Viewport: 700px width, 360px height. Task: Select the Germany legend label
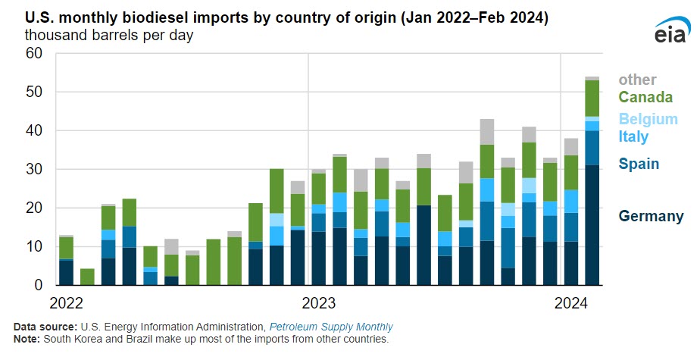click(x=651, y=216)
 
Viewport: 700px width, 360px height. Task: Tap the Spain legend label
click(x=638, y=164)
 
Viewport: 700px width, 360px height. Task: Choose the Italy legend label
click(x=633, y=137)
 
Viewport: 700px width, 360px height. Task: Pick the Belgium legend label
click(x=648, y=119)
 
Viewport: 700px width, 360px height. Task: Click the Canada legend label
click(x=645, y=97)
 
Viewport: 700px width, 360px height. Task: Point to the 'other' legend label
click(x=637, y=80)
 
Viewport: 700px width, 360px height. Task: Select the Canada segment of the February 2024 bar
click(x=592, y=98)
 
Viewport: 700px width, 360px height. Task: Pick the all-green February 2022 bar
click(x=87, y=277)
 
